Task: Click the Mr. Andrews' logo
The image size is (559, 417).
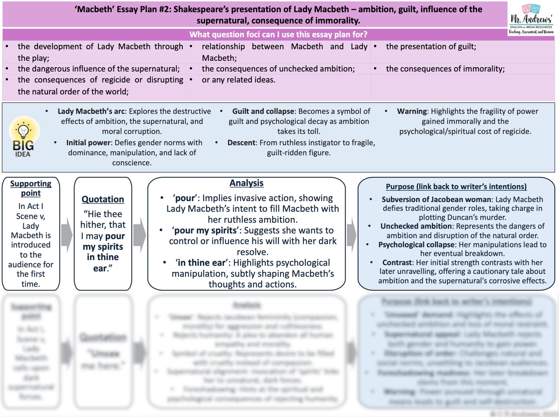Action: tap(531, 19)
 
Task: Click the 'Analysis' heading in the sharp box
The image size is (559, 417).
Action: tap(246, 183)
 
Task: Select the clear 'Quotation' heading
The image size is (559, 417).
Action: tap(103, 199)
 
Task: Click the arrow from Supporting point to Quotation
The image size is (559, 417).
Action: tap(67, 235)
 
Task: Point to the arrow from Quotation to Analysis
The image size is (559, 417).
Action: tap(139, 235)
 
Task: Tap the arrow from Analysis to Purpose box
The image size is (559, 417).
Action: tap(352, 235)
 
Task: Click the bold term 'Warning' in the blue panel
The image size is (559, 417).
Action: tap(412, 112)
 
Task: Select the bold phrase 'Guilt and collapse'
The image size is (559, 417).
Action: tap(263, 112)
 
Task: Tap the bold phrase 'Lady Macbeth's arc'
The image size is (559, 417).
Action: tap(91, 112)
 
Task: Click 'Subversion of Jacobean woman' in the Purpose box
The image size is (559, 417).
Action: tap(436, 199)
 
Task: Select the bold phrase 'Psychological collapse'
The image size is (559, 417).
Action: tap(416, 245)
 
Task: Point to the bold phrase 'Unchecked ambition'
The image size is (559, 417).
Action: tap(416, 226)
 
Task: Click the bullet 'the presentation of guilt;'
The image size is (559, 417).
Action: tap(431, 47)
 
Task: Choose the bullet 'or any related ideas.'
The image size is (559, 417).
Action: tap(239, 80)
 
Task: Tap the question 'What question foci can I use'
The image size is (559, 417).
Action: tap(278, 34)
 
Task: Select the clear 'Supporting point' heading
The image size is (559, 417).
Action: tap(31, 188)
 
